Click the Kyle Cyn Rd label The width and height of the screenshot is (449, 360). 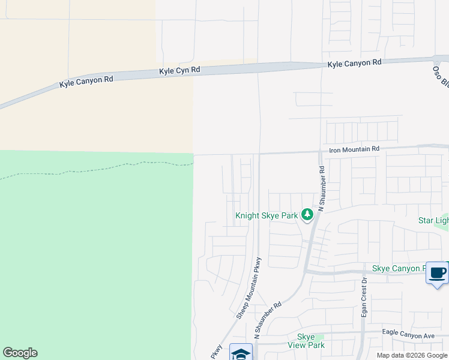pos(179,71)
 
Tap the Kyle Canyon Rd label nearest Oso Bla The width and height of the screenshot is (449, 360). pos(354,62)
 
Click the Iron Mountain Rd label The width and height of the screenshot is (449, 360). pos(354,149)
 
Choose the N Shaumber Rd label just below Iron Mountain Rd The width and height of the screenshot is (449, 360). pos(322,188)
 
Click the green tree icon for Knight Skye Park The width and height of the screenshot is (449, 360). pos(307,214)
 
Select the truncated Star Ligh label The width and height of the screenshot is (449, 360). pos(433,221)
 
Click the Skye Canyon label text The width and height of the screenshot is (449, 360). pos(399,268)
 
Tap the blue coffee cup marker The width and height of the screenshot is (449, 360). pos(437,273)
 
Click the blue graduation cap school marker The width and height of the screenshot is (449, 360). pos(241,353)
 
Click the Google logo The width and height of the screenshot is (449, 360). pos(20,353)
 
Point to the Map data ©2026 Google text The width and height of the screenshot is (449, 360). pos(412,356)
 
